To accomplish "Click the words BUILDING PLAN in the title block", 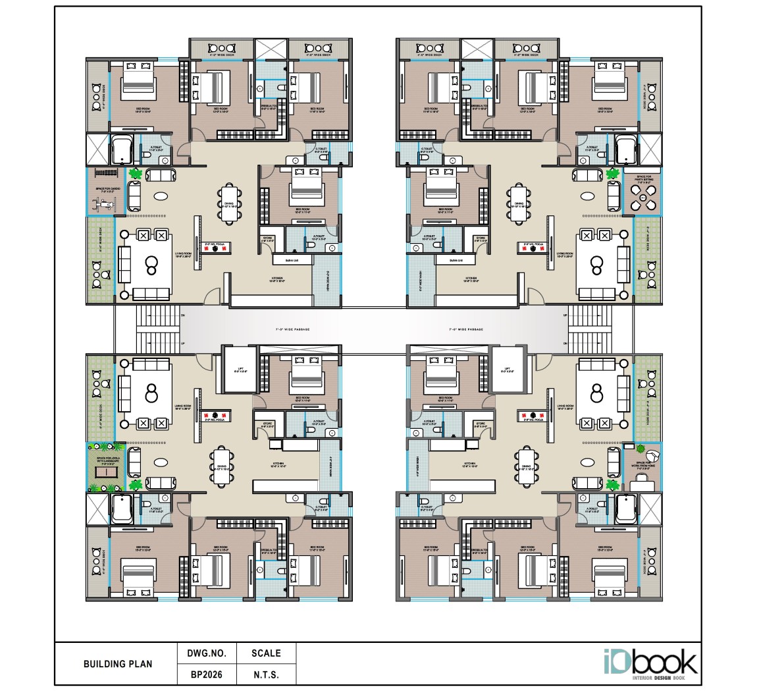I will point(118,664).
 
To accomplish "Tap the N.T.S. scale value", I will point(266,675).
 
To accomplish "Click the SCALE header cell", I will point(266,653).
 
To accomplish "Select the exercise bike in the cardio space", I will point(104,204).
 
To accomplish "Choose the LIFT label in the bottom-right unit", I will point(507,370).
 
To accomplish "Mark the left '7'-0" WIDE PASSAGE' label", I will point(292,329).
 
